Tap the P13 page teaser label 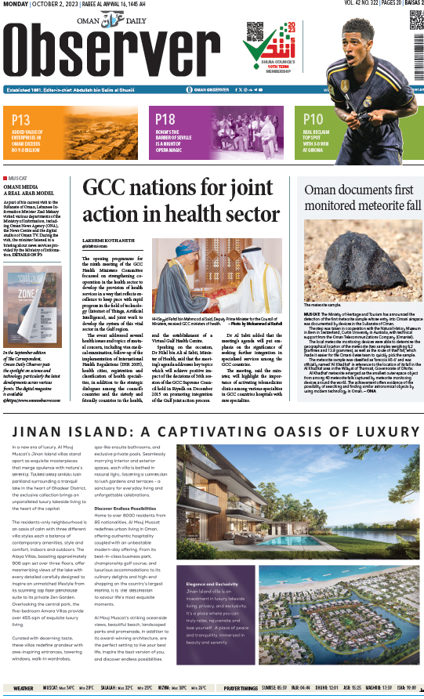[21, 120]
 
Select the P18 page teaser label [165, 120]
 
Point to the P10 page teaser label [313, 120]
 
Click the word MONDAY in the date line [16, 5]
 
